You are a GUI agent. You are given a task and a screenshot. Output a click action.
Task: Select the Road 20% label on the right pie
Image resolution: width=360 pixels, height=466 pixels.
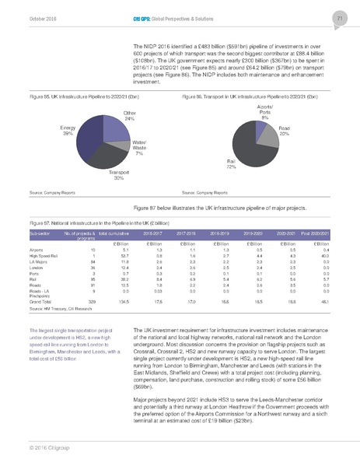coord(285,131)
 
